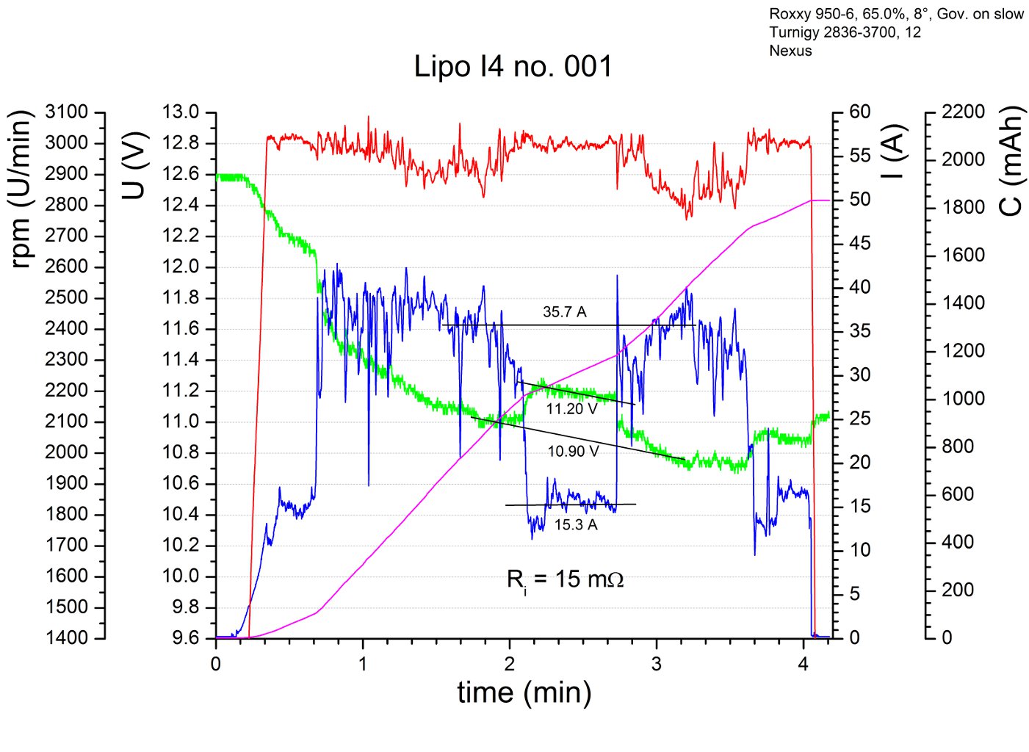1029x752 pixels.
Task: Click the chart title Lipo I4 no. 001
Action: [513, 67]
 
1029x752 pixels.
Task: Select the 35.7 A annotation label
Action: [564, 312]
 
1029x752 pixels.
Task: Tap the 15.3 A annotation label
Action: [576, 525]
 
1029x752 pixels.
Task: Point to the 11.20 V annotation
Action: [571, 409]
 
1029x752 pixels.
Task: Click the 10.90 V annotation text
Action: [573, 451]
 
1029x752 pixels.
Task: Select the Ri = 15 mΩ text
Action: [565, 580]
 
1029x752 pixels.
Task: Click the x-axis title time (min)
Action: [524, 693]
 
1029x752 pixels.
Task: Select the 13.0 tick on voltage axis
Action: [181, 112]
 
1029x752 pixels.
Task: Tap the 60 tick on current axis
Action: [860, 112]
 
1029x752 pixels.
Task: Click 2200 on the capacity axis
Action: [963, 112]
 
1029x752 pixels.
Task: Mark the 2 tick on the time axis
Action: [509, 665]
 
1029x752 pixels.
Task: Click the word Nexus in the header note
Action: [790, 51]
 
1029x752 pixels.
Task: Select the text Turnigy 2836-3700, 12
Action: [845, 32]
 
